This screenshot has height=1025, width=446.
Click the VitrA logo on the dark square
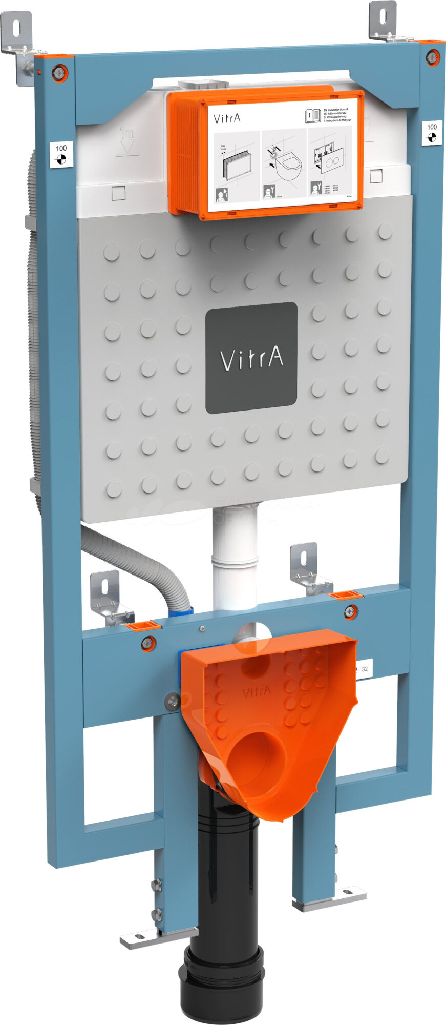tap(251, 358)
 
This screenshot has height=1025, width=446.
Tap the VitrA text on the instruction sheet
tap(227, 119)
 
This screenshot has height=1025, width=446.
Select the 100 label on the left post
tap(61, 154)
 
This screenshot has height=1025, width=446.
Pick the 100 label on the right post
tap(432, 133)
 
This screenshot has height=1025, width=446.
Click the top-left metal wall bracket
tap(18, 44)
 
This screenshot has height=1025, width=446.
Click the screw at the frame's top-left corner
tap(59, 73)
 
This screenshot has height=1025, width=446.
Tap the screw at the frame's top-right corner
tap(433, 57)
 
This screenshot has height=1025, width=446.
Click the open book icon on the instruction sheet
tap(312, 115)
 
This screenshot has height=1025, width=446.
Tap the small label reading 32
tap(364, 669)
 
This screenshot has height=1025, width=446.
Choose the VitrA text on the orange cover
tap(257, 692)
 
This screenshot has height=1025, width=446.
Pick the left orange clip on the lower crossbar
tap(143, 625)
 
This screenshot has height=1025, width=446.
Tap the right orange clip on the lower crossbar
tap(345, 594)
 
